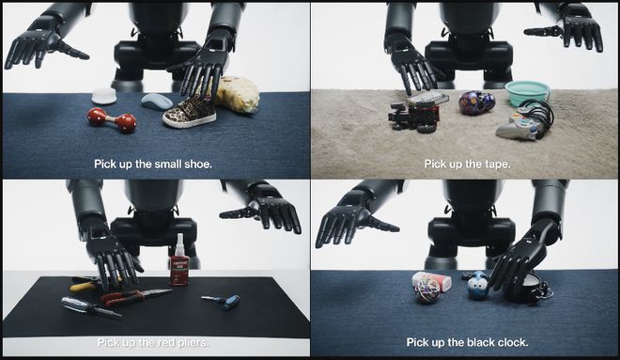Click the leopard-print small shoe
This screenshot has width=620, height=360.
pos(190,113)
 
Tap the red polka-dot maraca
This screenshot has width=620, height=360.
pos(112,119)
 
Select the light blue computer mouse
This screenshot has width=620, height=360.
pos(157,102)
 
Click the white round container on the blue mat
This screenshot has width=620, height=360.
pos(104,96)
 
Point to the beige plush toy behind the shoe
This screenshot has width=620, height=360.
pos(238,94)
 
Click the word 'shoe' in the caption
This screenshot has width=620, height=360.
pos(198,164)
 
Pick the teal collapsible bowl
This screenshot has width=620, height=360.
pos(527,93)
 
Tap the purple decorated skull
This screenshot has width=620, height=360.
pos(477,102)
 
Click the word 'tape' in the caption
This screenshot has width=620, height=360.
pos(499,164)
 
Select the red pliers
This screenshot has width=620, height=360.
pos(135,297)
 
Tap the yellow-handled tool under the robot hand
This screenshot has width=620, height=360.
pos(85,284)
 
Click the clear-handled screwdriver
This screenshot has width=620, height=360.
pos(91,306)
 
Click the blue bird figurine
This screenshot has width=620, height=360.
pos(477,284)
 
